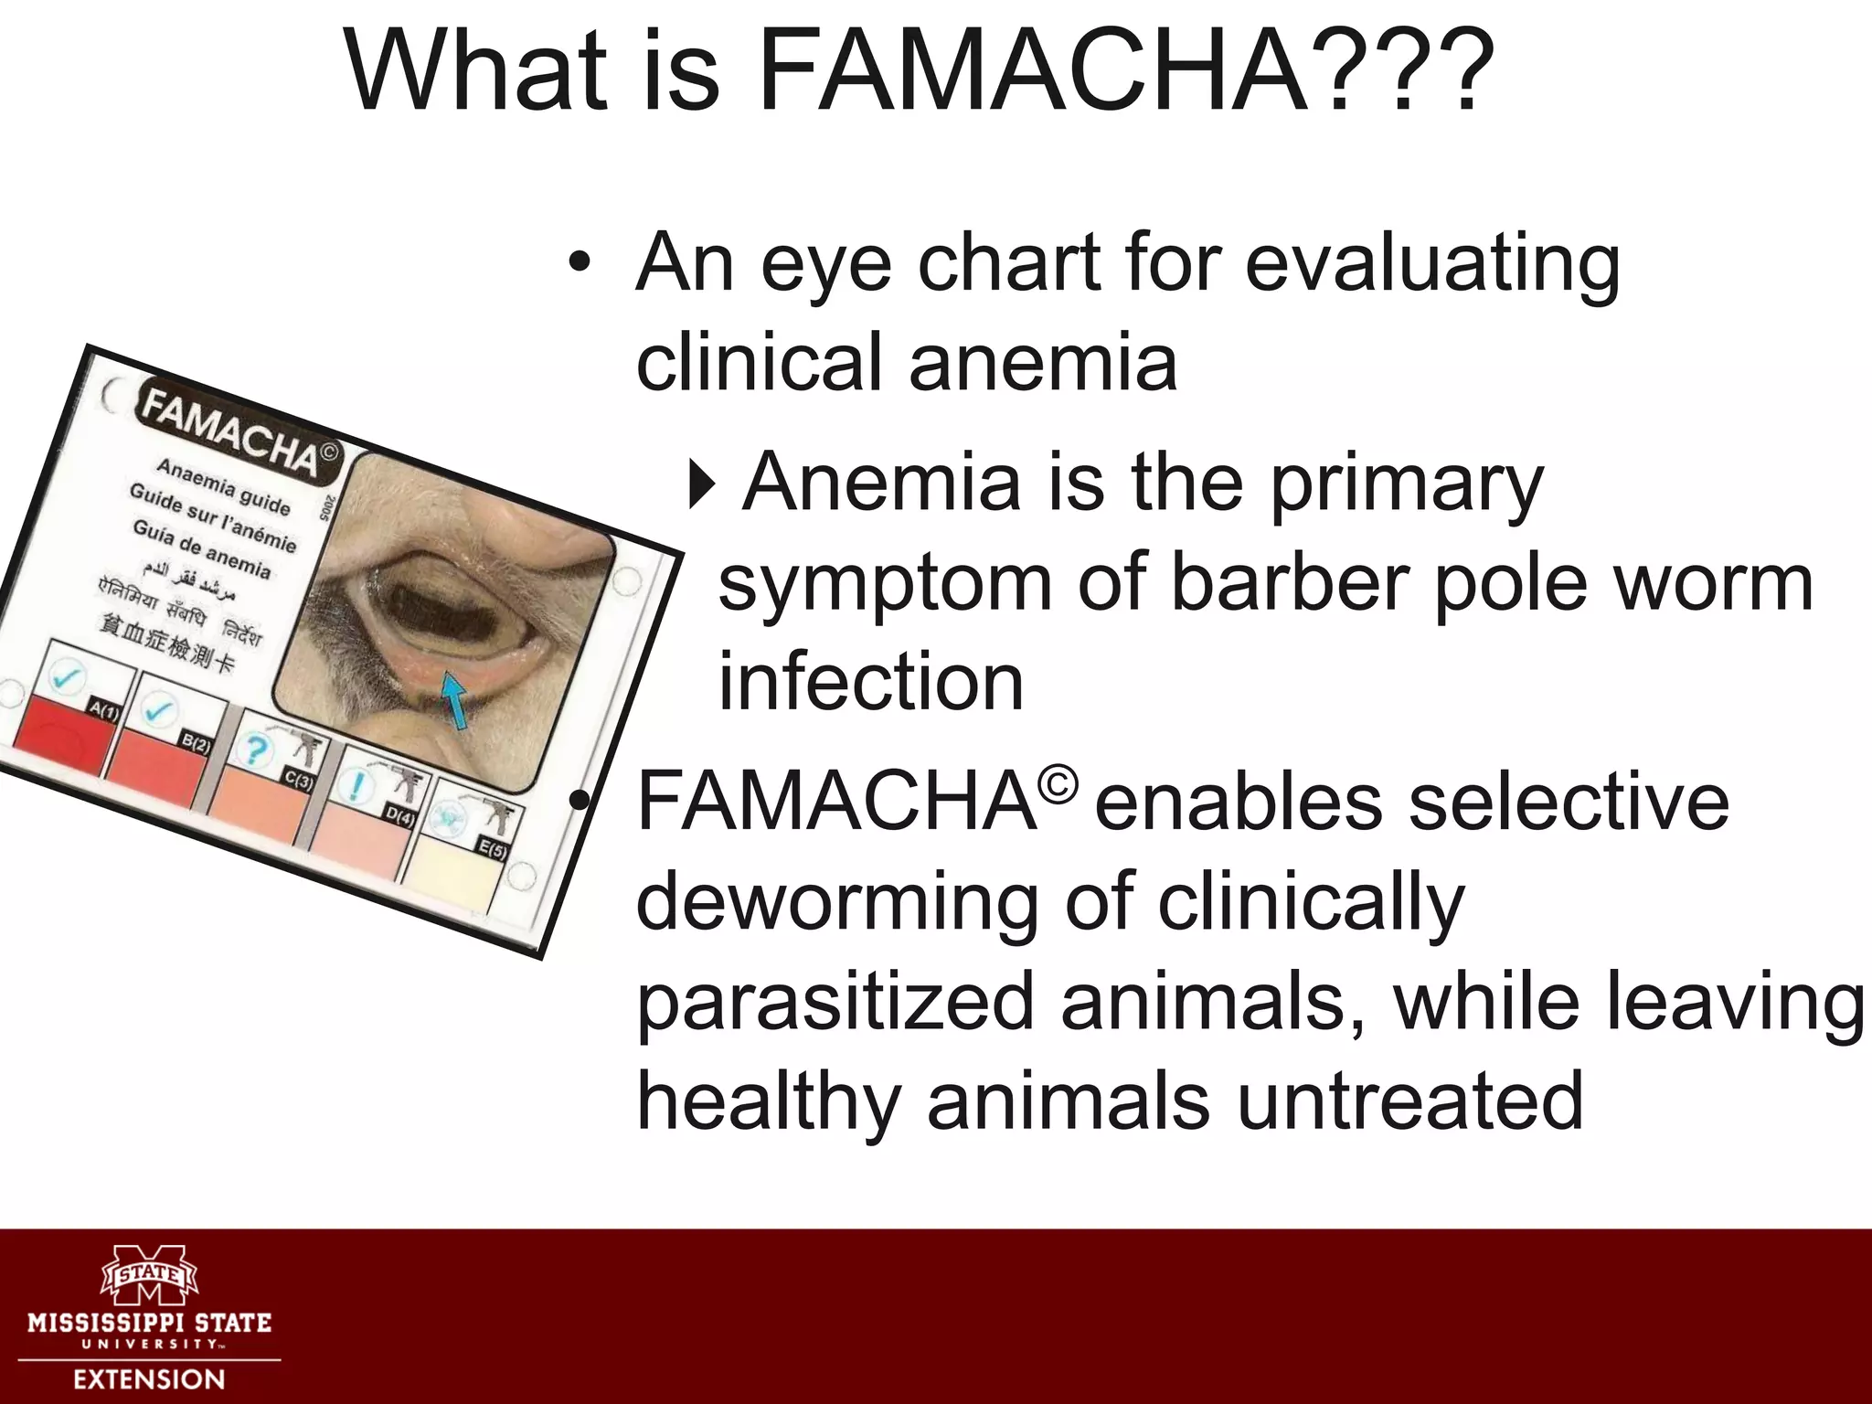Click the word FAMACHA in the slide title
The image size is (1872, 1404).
(1032, 71)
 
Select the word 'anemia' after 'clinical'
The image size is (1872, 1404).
(1042, 363)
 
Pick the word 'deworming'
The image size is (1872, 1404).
(836, 903)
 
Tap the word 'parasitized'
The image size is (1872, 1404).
(835, 1004)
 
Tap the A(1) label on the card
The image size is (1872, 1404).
(103, 710)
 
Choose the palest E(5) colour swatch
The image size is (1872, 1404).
(452, 881)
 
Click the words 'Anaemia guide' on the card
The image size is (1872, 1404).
(223, 486)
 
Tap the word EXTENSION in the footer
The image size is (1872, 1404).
(149, 1379)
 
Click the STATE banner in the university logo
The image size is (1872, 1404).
(149, 1273)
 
